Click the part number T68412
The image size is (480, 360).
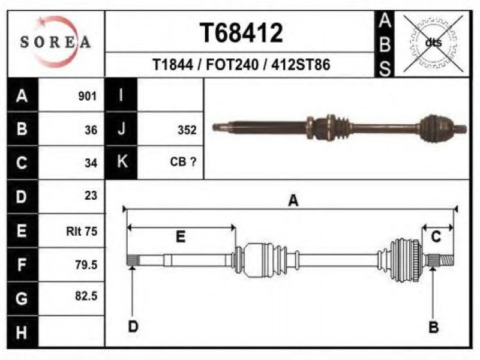241,33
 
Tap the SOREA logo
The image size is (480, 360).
56,42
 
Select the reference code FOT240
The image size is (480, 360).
232,65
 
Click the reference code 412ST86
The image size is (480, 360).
301,65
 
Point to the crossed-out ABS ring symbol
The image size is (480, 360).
433,43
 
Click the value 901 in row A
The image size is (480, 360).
87,96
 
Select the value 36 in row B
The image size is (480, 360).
91,130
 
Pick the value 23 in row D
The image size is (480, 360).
91,196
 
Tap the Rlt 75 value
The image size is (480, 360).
82,231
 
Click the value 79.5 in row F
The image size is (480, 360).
86,265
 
